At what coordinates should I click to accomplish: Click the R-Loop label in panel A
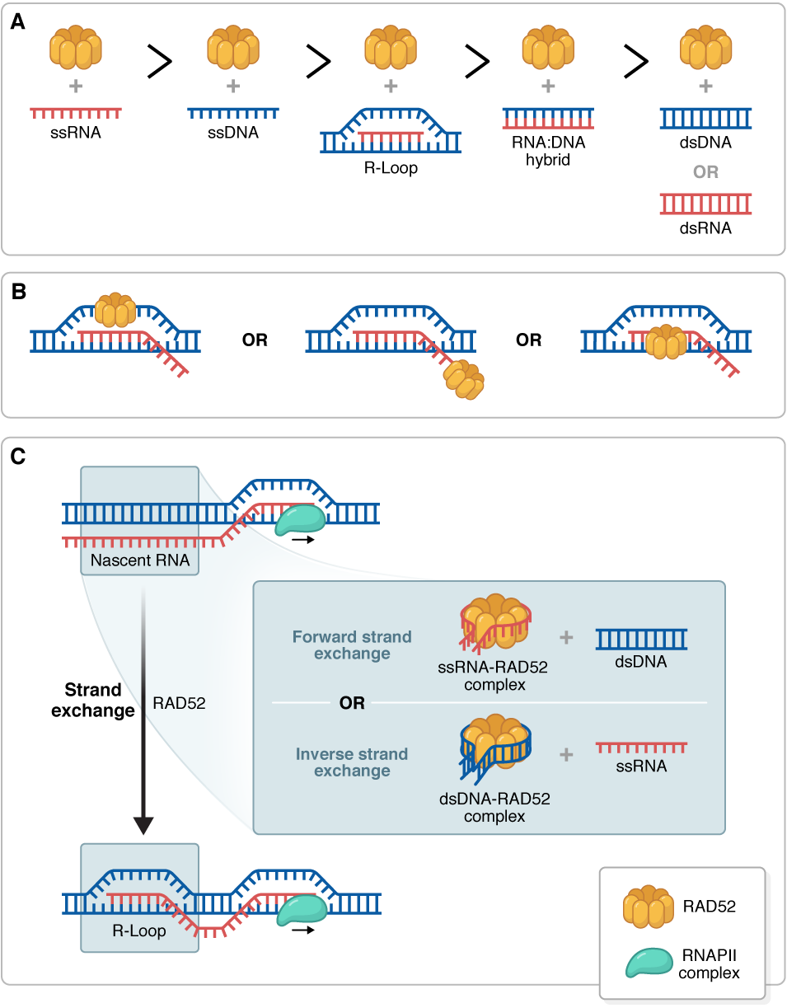coord(391,168)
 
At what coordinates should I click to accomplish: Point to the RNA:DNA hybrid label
coord(548,152)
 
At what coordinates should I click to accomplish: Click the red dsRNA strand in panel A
coord(705,203)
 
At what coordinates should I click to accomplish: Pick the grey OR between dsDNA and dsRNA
coord(705,172)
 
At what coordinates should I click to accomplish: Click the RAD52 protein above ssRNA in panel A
coord(76,49)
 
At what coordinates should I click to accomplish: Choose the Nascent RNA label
coord(139,561)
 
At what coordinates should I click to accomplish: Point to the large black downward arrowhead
coord(143,825)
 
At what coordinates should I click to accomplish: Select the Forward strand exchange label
coord(352,645)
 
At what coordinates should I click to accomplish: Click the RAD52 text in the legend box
coord(709,907)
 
